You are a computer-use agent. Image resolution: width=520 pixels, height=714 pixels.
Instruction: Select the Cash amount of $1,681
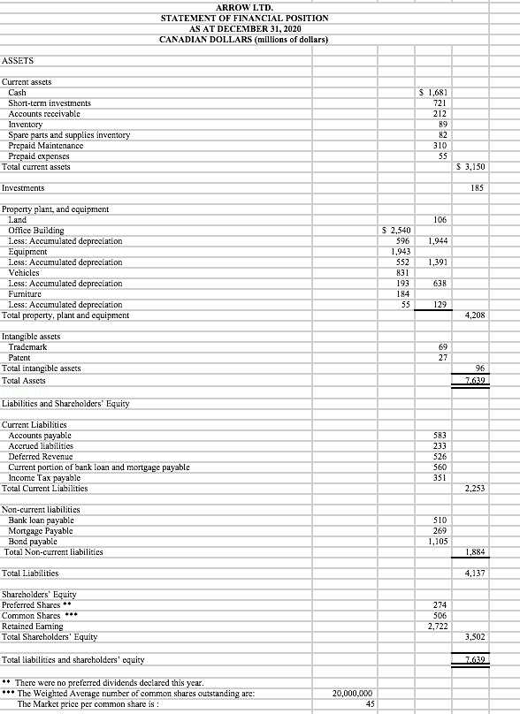431,93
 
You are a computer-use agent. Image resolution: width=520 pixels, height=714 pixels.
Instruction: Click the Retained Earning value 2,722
432,626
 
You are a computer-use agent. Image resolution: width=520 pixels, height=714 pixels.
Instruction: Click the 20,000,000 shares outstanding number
352,694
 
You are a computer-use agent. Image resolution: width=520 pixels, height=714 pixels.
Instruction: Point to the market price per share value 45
371,704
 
